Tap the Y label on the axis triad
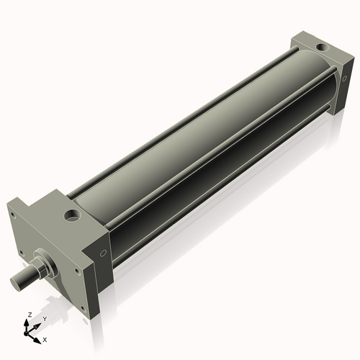(44, 318)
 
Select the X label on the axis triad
(45, 338)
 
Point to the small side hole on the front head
(104, 253)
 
